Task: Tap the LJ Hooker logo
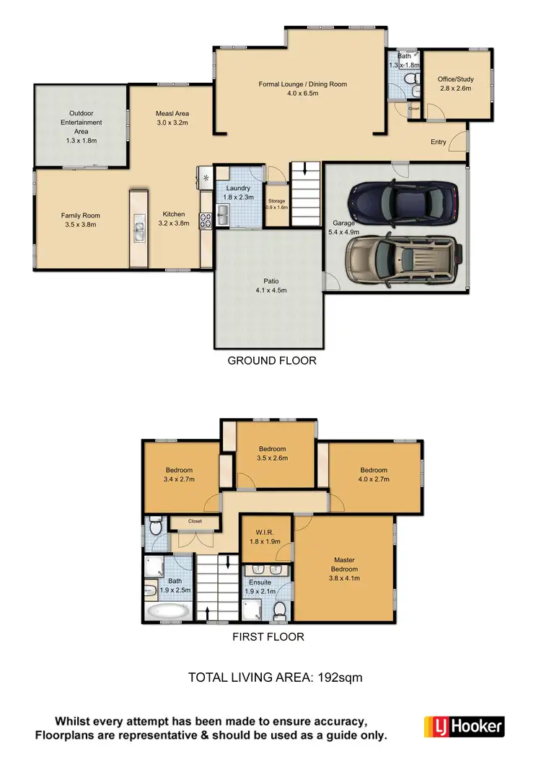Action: point(464,726)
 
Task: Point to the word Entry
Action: point(439,142)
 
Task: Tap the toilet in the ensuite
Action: point(281,611)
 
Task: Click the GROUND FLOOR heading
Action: point(272,360)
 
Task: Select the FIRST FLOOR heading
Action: point(268,636)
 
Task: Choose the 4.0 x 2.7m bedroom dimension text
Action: point(374,479)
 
